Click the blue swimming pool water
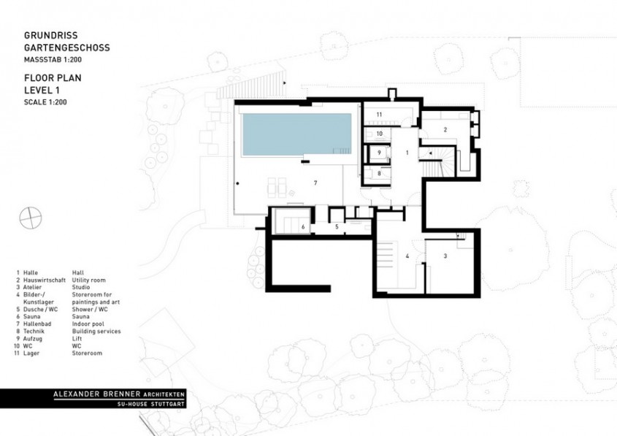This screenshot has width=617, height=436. (x=296, y=134)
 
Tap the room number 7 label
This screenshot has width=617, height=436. (x=315, y=182)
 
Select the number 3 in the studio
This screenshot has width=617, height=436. (x=445, y=256)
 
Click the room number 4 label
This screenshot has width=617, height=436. (x=407, y=256)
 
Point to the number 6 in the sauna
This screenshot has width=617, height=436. (x=302, y=227)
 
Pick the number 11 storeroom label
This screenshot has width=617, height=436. (x=379, y=115)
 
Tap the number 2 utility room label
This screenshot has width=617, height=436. (x=445, y=130)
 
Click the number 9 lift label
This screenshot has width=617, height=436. (x=379, y=152)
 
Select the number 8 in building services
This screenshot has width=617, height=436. (x=379, y=174)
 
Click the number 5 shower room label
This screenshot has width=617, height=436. (x=337, y=227)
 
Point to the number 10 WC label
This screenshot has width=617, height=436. (x=379, y=134)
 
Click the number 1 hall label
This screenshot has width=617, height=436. (x=407, y=152)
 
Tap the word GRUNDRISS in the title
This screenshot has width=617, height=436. (x=48, y=35)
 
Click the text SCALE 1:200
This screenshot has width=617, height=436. (x=45, y=102)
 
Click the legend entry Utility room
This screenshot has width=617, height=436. (x=88, y=279)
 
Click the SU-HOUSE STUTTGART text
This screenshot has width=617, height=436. (x=152, y=404)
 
